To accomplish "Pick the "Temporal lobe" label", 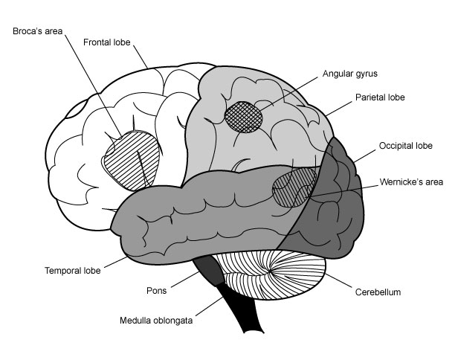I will (72, 270).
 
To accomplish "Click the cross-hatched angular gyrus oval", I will (244, 118).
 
